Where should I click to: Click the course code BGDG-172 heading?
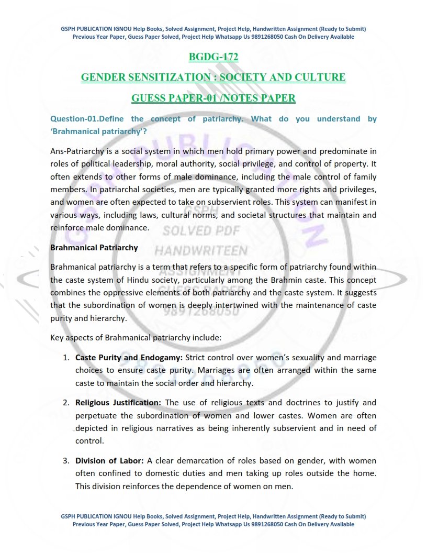pos(213,57)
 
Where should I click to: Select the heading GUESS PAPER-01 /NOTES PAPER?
pos(213,98)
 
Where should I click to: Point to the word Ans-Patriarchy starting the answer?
pos(77,152)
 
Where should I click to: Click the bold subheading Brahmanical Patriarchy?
pos(94,247)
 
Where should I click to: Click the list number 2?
pos(66,403)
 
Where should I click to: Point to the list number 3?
pos(66,461)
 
